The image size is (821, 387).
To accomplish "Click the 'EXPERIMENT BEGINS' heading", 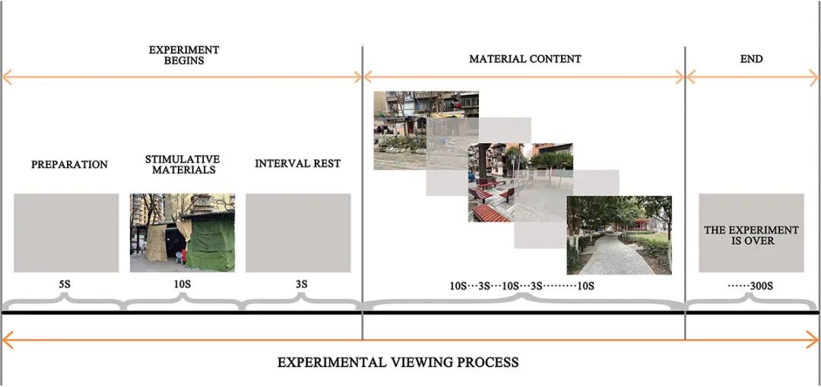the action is coord(184,55).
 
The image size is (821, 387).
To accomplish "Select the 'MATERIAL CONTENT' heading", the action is coord(525,59).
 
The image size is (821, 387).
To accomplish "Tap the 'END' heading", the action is coord(751,59).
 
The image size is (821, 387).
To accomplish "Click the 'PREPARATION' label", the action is coord(69,164).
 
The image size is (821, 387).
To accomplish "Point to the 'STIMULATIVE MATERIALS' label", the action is coord(182,164).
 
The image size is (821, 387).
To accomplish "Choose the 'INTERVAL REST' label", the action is coord(298,163).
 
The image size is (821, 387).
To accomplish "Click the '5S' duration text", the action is coord(65,285).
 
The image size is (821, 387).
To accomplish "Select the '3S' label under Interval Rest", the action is coord(300,285).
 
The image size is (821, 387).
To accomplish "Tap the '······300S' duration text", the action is coord(751,287).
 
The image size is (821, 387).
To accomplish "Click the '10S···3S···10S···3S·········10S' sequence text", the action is coord(522,287).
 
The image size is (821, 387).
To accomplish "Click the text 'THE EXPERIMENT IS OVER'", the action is coord(751,236).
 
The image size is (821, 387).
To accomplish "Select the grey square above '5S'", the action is coord(66,233).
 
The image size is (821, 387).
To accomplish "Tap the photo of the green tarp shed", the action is coord(182,233).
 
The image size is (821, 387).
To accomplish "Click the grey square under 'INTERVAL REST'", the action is coord(298,233).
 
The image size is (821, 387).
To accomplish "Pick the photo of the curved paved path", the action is coord(619,235).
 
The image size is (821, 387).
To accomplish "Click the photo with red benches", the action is coord(521,182).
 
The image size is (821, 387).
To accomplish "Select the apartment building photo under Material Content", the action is coord(426,131).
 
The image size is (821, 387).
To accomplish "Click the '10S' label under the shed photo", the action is coord(182,285).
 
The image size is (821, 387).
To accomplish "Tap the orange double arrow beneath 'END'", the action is coord(751,78).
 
